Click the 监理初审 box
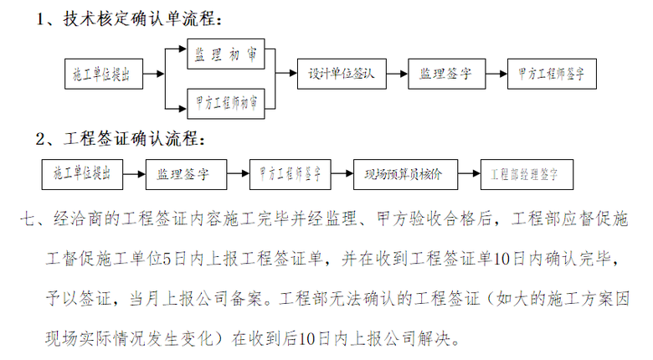point(225,54)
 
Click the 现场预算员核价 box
point(403,175)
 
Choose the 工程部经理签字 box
point(524,175)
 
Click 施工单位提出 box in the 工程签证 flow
point(81,175)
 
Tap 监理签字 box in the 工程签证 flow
point(183,175)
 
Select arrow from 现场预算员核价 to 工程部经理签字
point(466,175)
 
